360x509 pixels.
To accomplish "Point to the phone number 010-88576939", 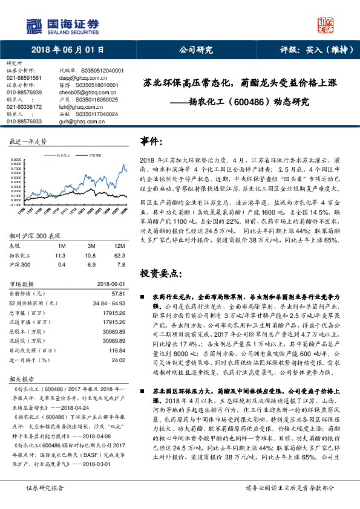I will pyautogui.click(x=24, y=92).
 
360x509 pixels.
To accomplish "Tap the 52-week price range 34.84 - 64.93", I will pyautogui.click(x=108, y=302).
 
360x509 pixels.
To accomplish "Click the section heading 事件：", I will pyautogui.click(x=151, y=141).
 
